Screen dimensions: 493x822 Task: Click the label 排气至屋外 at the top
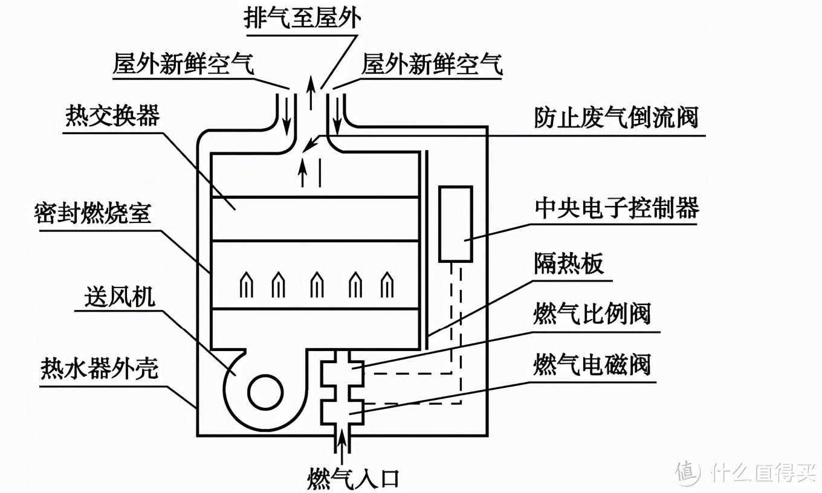[302, 18]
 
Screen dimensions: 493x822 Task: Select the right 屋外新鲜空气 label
[432, 64]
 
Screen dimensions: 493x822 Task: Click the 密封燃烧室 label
[92, 214]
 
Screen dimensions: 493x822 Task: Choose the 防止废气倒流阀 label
[616, 117]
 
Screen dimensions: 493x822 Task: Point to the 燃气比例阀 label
[592, 314]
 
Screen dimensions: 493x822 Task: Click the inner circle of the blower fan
[264, 393]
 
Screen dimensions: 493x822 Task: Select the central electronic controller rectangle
[455, 224]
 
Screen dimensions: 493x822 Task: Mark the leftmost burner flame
[246, 284]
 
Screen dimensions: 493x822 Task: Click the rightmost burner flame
[387, 284]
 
